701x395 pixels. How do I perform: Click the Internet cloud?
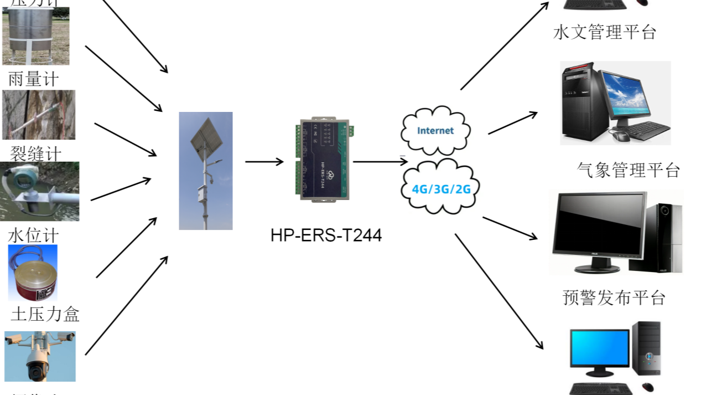pos(435,130)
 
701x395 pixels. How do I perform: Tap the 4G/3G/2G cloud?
pos(440,188)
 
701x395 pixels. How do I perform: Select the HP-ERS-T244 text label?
pos(326,235)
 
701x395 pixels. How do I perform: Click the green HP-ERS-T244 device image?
pos(323,160)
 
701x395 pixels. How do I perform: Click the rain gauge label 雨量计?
pos(33,79)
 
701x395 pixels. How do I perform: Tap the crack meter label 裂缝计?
pos(36,153)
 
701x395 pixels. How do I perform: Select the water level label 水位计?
pos(33,235)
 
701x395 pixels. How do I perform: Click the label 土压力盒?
pos(45,314)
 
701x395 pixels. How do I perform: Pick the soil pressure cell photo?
pos(33,273)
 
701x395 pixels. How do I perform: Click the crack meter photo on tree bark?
pos(39,115)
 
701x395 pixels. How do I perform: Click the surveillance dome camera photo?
pos(40,357)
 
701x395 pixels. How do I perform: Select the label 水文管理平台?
pos(605,32)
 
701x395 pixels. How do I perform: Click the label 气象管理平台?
pos(628,170)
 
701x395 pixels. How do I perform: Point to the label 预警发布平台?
pos(614,297)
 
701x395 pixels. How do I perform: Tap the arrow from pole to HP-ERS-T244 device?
pos(264,162)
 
